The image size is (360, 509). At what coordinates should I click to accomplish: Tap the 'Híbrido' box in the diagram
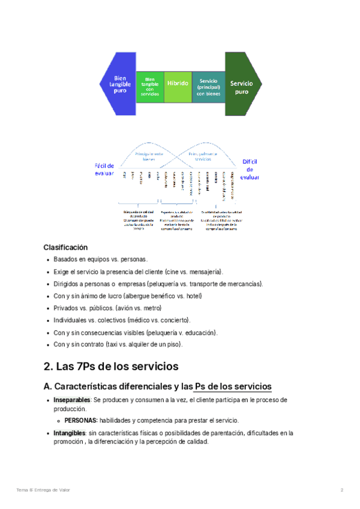[178, 83]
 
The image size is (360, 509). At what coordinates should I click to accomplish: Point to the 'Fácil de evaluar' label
[103, 169]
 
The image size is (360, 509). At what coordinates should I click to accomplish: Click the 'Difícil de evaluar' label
[250, 169]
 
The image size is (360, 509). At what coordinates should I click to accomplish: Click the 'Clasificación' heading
[65, 247]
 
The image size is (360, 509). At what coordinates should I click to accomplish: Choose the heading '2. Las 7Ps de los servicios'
[110, 366]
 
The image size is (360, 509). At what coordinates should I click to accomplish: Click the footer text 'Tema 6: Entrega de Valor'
[43, 490]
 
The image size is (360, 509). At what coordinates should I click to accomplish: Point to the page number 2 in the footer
[341, 490]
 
